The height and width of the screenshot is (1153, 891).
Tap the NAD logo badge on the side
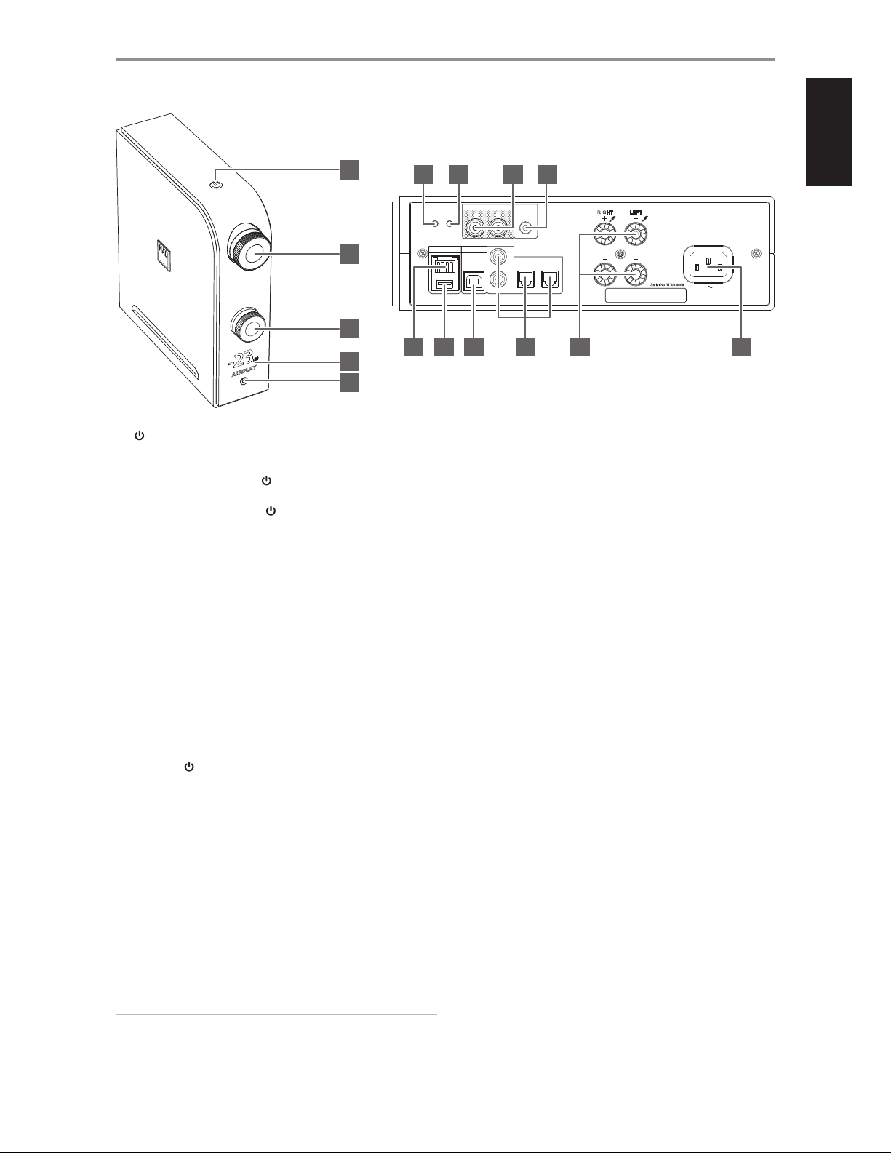pyautogui.click(x=161, y=251)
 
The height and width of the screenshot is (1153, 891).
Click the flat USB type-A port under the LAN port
pyautogui.click(x=444, y=284)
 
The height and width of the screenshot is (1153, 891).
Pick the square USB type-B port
pyautogui.click(x=474, y=284)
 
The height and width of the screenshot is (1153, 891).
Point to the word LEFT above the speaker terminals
pyautogui.click(x=636, y=213)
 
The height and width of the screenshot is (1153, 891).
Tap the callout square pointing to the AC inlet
pyautogui.click(x=741, y=348)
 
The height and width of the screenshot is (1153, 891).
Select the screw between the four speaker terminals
pyautogui.click(x=619, y=255)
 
